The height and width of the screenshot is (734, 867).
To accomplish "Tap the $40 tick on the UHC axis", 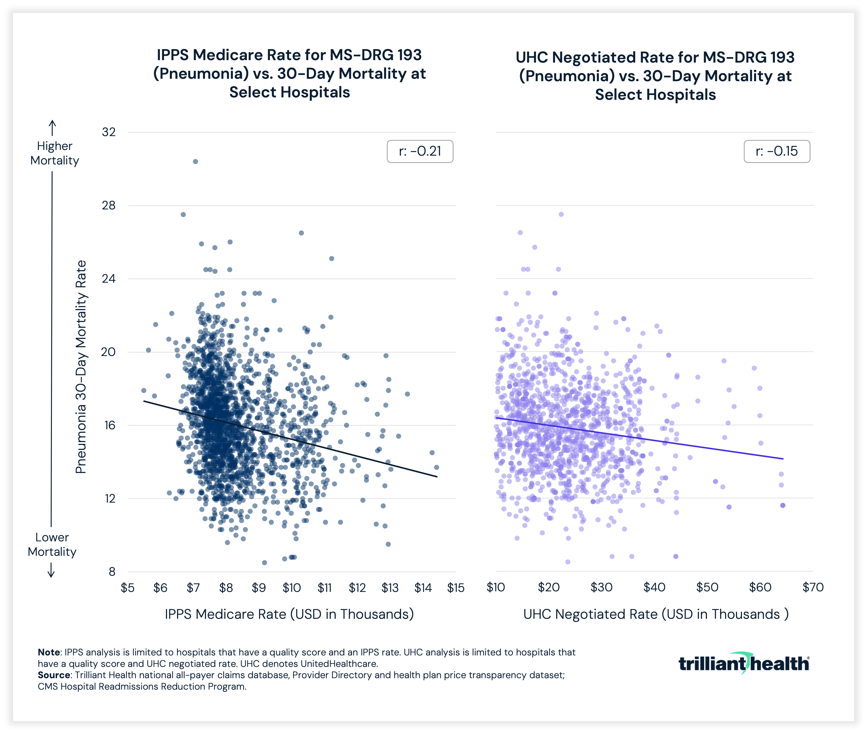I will (654, 587).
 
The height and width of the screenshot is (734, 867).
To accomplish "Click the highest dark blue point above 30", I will (195, 161).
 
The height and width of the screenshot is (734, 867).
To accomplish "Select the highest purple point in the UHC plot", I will (561, 214).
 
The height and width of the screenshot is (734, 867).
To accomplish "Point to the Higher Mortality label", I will (55, 153).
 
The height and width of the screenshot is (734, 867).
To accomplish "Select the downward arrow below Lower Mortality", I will (51, 570).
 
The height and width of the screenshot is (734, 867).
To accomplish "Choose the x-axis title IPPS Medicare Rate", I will (289, 614).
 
